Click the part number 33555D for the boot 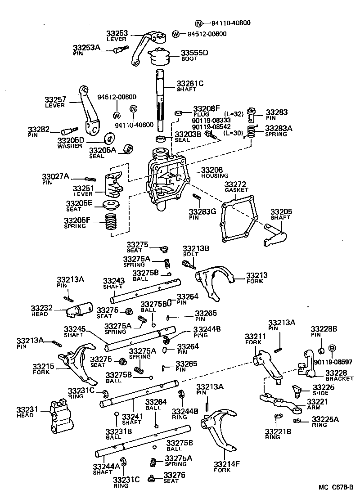pyautogui.click(x=194, y=53)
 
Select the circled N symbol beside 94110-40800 pyautogui.click(x=198, y=23)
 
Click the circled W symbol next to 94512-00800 pyautogui.click(x=176, y=34)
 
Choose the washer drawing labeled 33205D pyautogui.click(x=108, y=137)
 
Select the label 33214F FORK pyautogui.click(x=222, y=467)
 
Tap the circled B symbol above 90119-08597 pyautogui.click(x=333, y=348)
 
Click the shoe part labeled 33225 pyautogui.click(x=297, y=389)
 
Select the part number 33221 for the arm pyautogui.click(x=318, y=402)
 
